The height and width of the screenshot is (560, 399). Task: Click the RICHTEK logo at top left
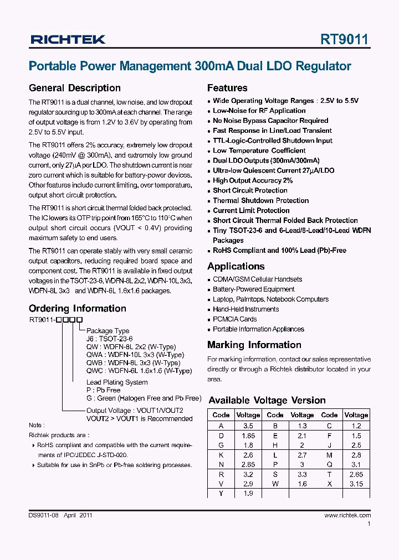68,39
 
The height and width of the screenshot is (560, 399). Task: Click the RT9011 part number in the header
345,39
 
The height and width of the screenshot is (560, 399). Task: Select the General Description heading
74,88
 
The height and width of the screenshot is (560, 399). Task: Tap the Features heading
227,88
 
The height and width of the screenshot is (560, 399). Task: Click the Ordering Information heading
77,308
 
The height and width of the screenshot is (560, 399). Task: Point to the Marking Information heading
254,345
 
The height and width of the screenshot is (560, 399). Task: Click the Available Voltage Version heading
267,400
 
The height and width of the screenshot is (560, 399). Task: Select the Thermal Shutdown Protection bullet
260,200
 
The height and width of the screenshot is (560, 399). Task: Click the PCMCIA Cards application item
234,319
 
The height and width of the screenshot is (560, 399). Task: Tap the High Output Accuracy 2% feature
253,180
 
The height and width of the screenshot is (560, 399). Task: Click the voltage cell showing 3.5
248,426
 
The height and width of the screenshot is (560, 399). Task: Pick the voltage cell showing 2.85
248,465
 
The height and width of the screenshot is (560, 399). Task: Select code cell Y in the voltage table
221,494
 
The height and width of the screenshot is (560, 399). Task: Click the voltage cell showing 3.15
356,484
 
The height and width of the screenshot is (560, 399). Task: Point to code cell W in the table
275,484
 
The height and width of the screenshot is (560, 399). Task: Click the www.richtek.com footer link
347,515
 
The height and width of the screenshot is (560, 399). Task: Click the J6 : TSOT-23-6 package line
109,339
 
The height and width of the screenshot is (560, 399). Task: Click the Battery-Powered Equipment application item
254,289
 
